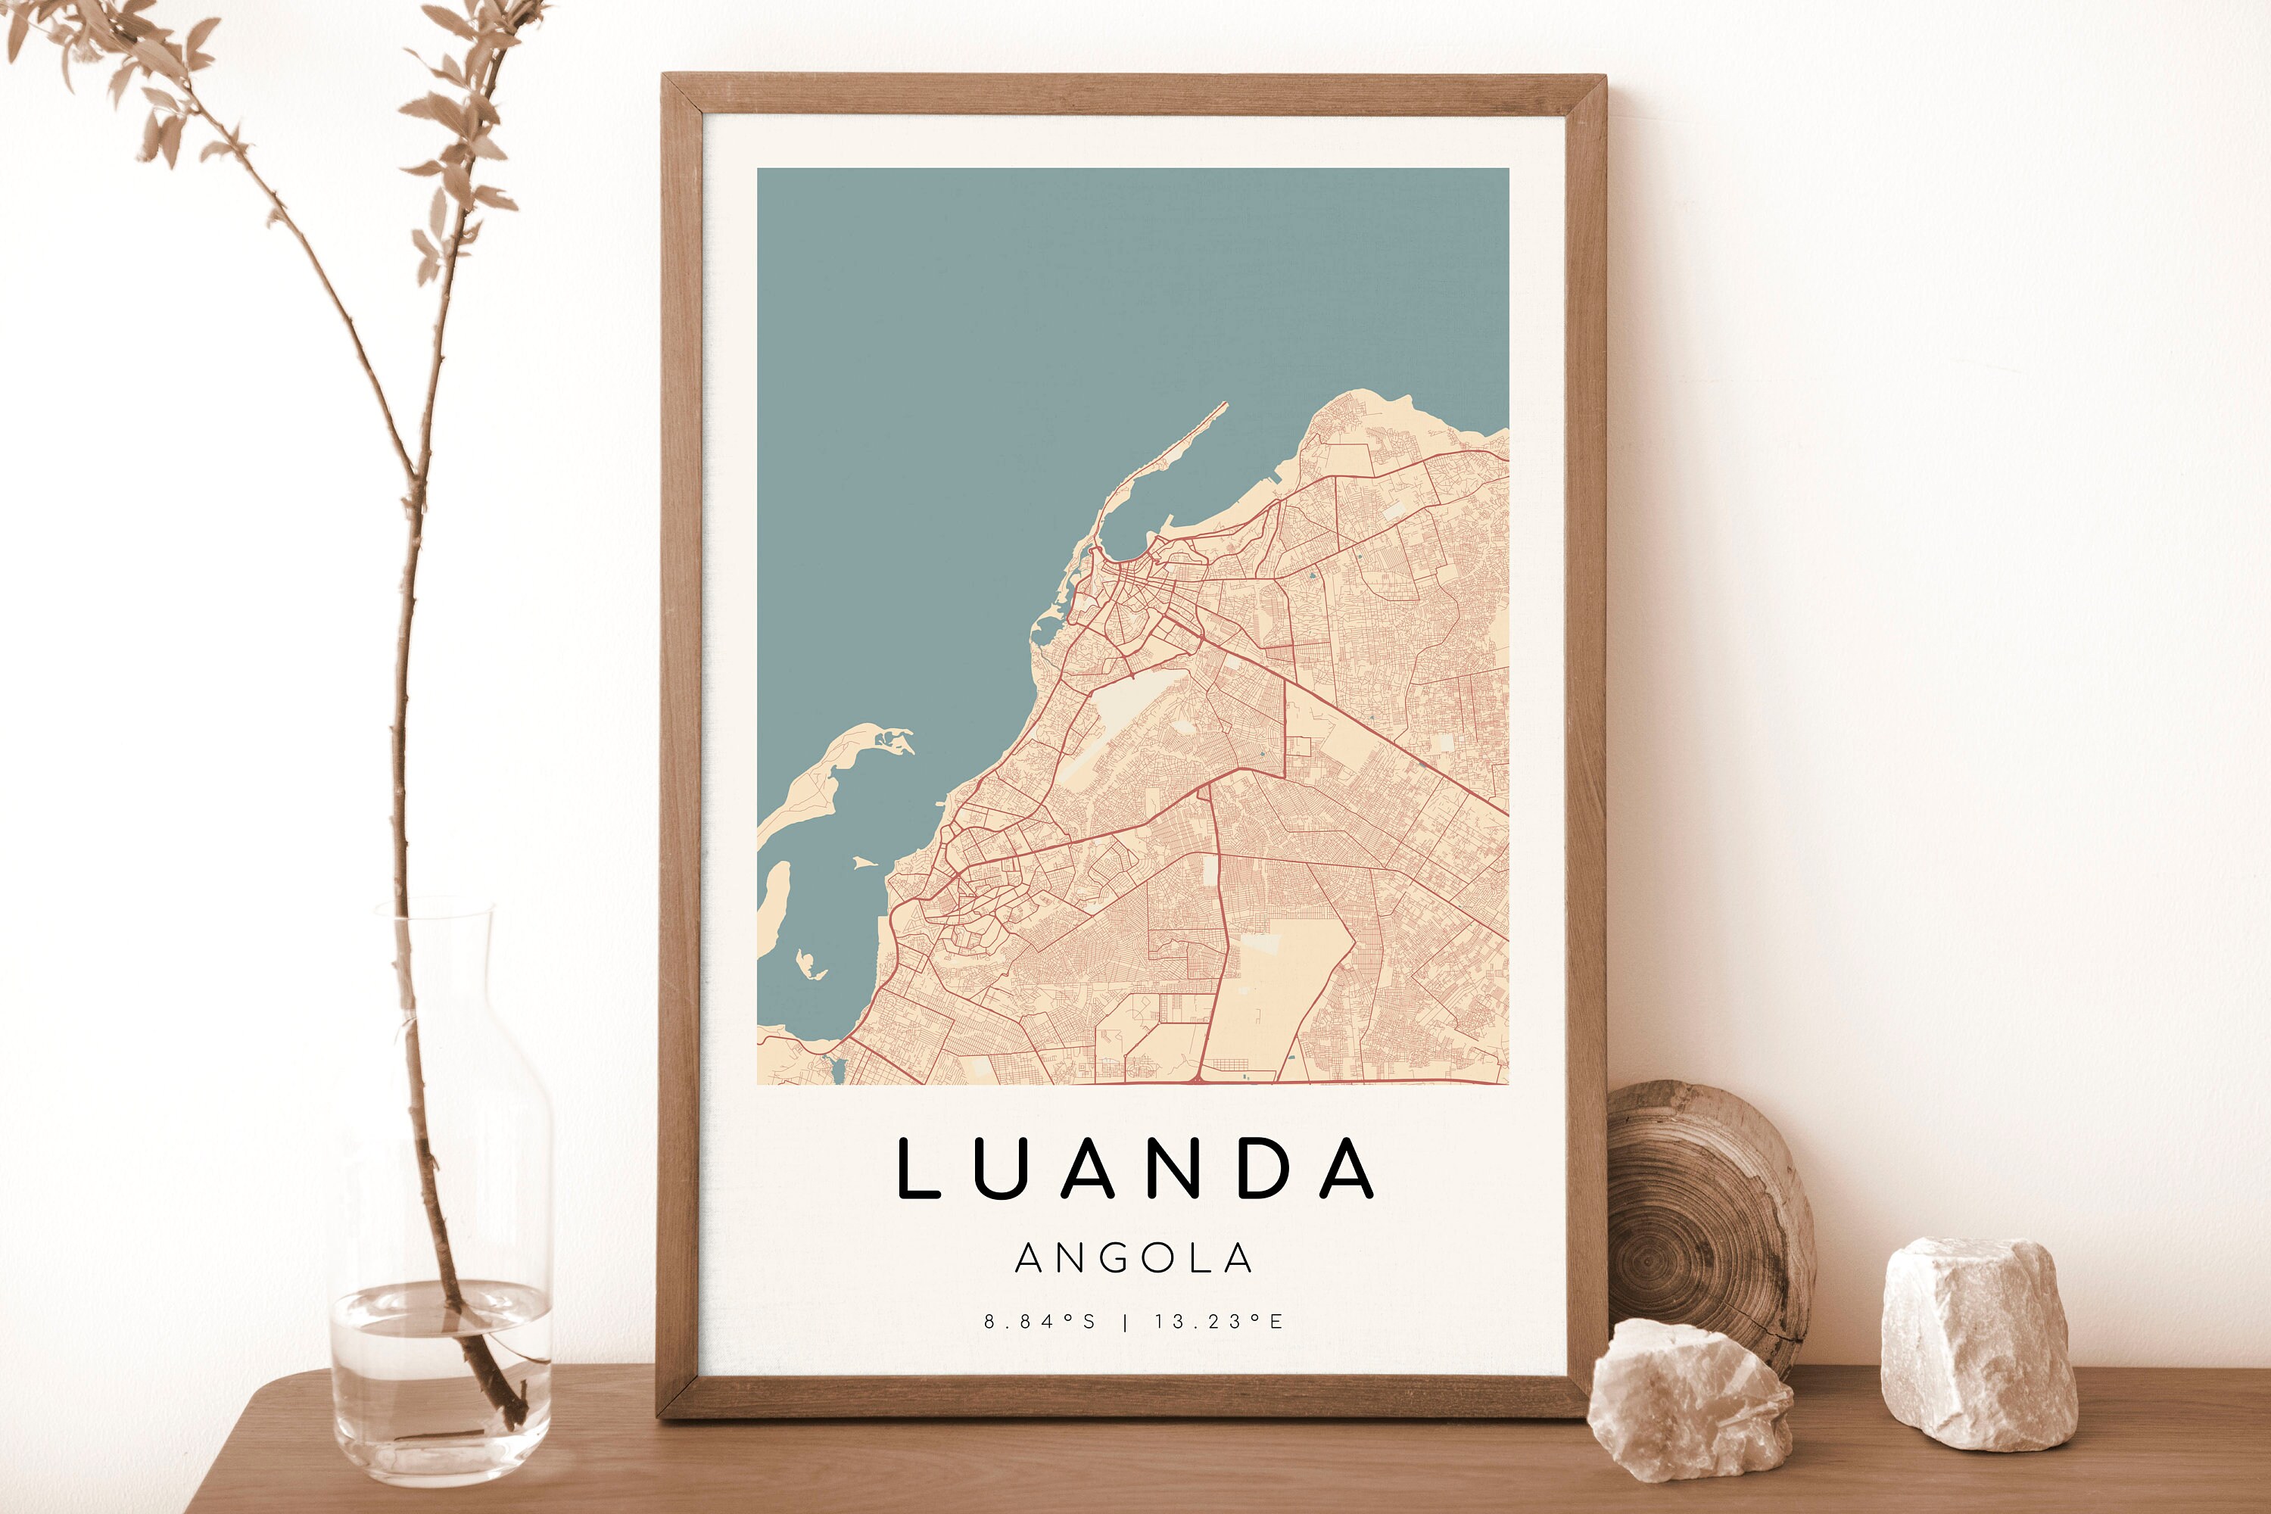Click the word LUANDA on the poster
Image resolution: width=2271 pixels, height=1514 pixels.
[1135, 1168]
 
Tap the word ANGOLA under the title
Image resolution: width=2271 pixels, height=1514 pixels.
[1135, 1258]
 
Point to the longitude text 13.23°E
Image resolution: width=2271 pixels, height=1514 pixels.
[1219, 1322]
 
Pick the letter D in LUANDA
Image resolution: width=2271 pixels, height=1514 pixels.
[1264, 1168]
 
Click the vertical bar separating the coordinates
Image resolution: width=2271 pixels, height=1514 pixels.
[1126, 1322]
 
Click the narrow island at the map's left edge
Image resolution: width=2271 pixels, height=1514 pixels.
[772, 908]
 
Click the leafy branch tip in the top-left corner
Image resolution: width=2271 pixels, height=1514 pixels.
[58, 29]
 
